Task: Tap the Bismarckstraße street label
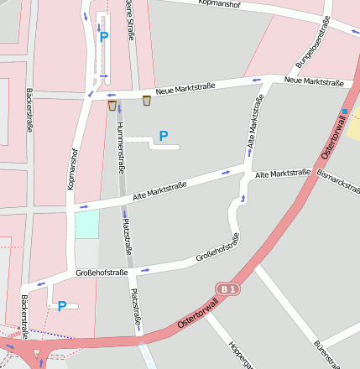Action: pyautogui.click(x=338, y=183)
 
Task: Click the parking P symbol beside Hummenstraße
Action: pyautogui.click(x=164, y=135)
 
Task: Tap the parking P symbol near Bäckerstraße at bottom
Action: pyautogui.click(x=62, y=306)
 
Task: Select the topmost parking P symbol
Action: pyautogui.click(x=104, y=36)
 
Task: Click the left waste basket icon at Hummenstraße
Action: pyautogui.click(x=112, y=105)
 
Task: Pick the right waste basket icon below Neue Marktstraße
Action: pyautogui.click(x=147, y=101)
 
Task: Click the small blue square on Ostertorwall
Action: pyautogui.click(x=344, y=111)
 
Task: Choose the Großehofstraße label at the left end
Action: pyautogui.click(x=102, y=273)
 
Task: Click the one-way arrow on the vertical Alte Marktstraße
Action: pyautogui.click(x=244, y=198)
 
